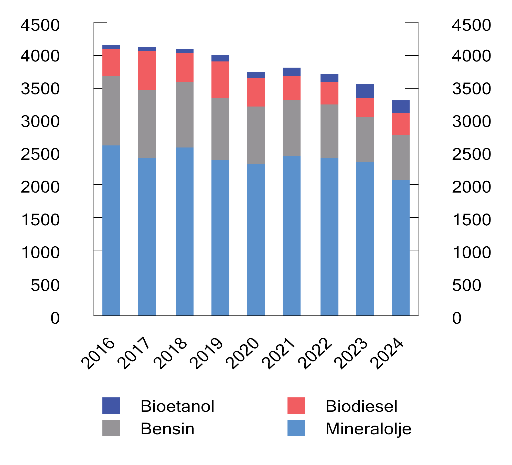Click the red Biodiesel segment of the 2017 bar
click(x=147, y=70)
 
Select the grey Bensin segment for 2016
click(x=111, y=110)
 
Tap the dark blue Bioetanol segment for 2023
click(x=365, y=91)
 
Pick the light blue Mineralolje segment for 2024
click(x=400, y=248)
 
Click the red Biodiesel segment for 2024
click(x=400, y=124)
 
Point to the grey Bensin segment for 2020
click(x=256, y=135)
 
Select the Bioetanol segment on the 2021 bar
click(x=291, y=71)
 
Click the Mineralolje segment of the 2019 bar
click(x=220, y=237)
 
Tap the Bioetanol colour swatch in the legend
click(x=111, y=405)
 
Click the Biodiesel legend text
click(x=361, y=406)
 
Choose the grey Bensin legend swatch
click(x=111, y=428)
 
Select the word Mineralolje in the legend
click(x=368, y=429)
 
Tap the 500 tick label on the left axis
click(x=45, y=285)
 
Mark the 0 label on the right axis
click(x=457, y=318)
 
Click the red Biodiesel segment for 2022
click(x=329, y=93)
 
